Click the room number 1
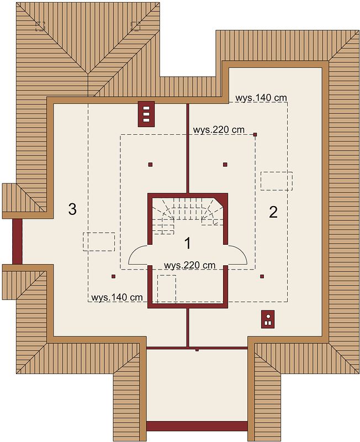click(x=187, y=243)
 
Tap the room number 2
click(x=273, y=212)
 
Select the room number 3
click(x=72, y=209)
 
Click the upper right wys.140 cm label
click(x=261, y=98)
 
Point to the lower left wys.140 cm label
click(x=117, y=297)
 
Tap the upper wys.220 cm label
click(x=219, y=130)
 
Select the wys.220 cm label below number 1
click(x=189, y=265)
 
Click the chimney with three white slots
click(x=146, y=114)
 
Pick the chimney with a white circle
click(x=268, y=319)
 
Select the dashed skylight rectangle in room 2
click(x=276, y=181)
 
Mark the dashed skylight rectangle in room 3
click(x=99, y=241)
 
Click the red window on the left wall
click(x=17, y=241)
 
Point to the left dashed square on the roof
click(x=40, y=26)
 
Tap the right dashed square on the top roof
click(x=136, y=26)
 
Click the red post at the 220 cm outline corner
click(x=255, y=135)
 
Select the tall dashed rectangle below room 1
click(x=167, y=288)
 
